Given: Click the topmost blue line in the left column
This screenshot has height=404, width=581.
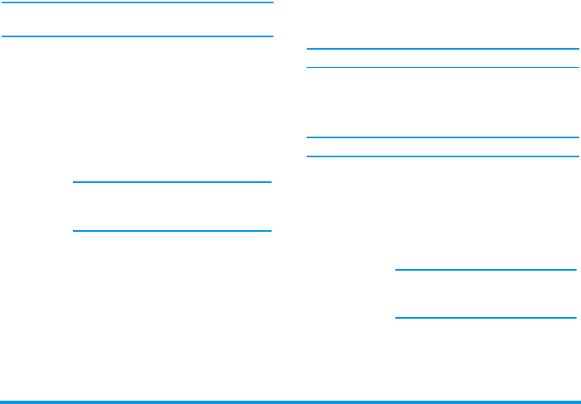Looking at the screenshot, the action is coord(138,2).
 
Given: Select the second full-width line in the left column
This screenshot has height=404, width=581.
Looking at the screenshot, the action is coord(138,36).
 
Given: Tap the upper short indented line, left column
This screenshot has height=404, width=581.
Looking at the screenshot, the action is coord(172,181).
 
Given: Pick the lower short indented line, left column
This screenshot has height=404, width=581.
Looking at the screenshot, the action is coord(172,231).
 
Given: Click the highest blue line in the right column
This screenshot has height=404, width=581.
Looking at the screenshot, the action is coord(443,49).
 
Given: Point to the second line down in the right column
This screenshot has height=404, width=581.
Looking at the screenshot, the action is coord(443,67).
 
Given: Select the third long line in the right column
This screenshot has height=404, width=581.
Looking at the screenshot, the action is coord(443,137).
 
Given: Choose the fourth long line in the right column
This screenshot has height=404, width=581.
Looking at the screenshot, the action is coord(443,156).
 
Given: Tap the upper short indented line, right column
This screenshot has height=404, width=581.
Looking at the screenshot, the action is coord(486,269).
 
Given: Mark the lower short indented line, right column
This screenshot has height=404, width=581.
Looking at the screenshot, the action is coord(486,318).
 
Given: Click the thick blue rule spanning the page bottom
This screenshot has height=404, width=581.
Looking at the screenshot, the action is coord(290,402).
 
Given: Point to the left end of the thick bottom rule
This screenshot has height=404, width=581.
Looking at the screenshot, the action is coord(2,402).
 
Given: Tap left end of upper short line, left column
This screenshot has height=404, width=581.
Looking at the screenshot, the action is coord(75,181).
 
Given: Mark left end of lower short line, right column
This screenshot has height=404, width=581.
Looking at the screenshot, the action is coord(398,318).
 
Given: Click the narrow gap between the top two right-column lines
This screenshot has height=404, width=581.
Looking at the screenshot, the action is coord(443,58).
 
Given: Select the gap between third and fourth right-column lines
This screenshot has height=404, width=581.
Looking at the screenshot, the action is coord(443,147).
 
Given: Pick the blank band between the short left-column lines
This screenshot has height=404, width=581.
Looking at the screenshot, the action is coord(172,206).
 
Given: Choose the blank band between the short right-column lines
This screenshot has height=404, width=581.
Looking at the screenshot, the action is coord(486,294).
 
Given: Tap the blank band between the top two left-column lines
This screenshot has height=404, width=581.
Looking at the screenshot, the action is coord(138,20).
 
